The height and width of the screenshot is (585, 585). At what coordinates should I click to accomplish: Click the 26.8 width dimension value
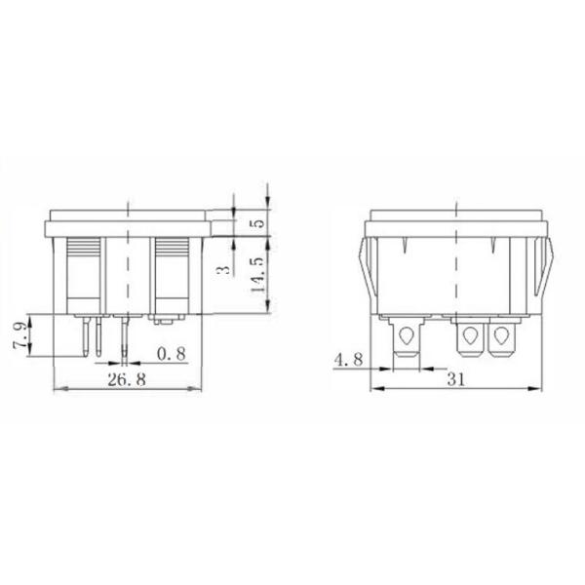[x=128, y=380]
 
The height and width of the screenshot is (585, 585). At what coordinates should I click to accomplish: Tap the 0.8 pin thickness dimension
[x=170, y=353]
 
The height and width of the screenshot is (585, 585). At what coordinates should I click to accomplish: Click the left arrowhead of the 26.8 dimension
[x=53, y=389]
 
